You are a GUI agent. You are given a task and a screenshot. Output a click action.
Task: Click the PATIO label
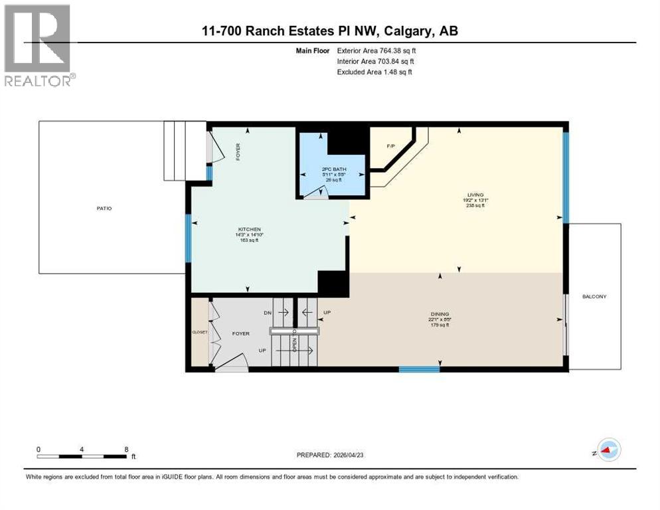(104, 209)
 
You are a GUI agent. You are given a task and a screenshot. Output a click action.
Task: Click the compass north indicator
(608, 450)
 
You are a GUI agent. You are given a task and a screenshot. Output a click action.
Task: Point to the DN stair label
(267, 312)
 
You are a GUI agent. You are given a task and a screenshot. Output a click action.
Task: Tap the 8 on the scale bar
(125, 449)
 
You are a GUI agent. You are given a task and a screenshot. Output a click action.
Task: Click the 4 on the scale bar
(81, 449)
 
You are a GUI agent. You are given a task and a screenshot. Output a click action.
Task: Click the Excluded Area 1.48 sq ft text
(374, 72)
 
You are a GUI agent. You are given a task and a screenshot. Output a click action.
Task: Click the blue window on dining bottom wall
(419, 369)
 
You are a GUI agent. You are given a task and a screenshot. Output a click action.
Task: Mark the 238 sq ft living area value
(457, 206)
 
